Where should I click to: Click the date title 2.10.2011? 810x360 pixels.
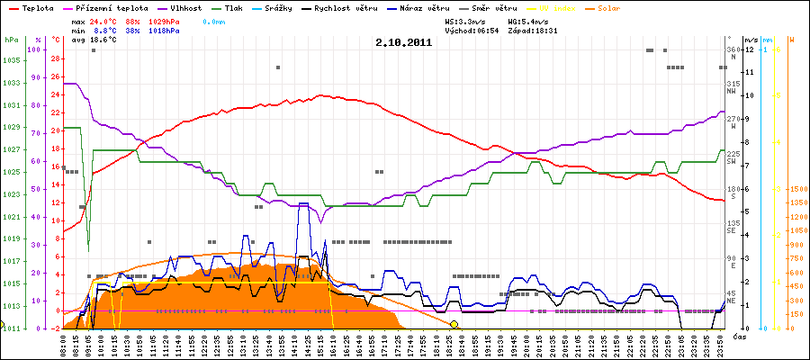point(404,42)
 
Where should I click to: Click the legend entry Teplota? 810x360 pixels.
point(34,7)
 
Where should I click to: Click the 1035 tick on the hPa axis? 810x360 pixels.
point(12,60)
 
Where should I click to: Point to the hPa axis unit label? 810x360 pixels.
point(10,40)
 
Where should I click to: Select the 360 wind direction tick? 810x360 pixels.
point(733,49)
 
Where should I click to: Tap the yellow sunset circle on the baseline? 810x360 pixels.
point(454,324)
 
